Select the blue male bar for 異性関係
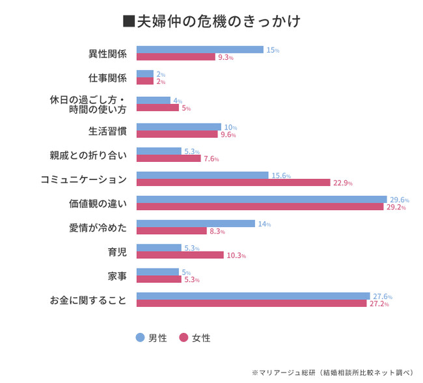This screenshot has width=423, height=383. pos(200,49)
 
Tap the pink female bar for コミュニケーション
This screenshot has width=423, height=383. pos(233,183)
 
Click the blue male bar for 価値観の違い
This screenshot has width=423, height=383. pos(262,200)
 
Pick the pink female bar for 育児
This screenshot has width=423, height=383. pos(180,255)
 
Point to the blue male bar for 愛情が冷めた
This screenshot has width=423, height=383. pos(195,224)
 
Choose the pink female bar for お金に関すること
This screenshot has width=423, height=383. pos(252,304)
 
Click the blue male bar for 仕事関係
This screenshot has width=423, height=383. pos(145,74)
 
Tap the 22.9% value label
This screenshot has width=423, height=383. pos(342,183)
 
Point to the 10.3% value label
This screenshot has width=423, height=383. pos(236,256)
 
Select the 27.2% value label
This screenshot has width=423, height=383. pos(379,304)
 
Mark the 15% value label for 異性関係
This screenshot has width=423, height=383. pos(273,50)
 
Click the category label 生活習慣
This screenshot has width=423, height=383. pos(107,131)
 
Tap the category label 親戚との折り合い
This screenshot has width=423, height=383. pos(88,155)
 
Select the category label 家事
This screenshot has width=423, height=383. pos(117,276)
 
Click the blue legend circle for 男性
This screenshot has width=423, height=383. pos(140,337)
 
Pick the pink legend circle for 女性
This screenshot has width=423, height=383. pos(184,337)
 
